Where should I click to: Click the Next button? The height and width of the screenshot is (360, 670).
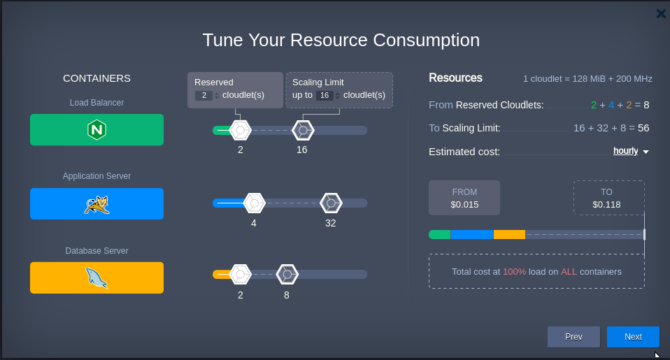pos(633,336)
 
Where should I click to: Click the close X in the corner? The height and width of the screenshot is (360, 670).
pos(661,13)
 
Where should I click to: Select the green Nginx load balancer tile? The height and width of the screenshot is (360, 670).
pos(97,130)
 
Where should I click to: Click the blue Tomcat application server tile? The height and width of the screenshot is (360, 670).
pos(97,203)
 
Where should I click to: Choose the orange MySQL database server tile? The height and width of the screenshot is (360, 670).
pos(97,278)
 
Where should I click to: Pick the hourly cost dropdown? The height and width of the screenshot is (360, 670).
pos(630,151)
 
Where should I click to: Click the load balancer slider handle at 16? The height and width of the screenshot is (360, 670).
pos(302,130)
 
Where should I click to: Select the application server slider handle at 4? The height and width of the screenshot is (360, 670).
pos(254,203)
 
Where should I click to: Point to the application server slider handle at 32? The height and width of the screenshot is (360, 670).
pos(331,203)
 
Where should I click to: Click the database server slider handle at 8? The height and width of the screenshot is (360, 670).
pos(287,275)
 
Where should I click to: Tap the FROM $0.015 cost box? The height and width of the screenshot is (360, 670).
pos(464,198)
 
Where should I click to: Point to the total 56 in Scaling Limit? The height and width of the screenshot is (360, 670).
pos(643,128)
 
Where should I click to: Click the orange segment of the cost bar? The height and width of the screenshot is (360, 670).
pos(509,234)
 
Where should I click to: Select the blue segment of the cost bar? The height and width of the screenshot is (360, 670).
pos(472,234)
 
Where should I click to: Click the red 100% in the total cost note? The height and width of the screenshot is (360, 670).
pos(514,271)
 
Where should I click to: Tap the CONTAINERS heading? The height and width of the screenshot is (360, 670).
pos(97,78)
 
